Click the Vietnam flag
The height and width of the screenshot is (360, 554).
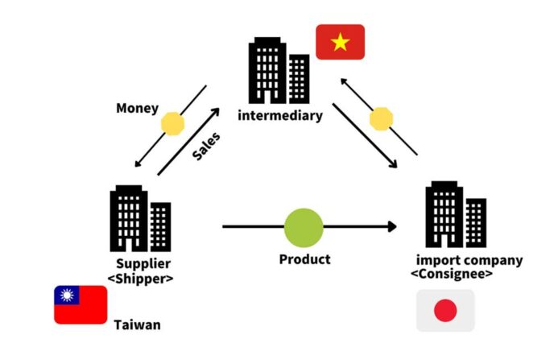(340, 42)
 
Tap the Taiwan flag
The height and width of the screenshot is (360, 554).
(81, 304)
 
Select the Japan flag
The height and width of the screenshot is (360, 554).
(445, 311)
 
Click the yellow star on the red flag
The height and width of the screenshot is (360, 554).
(340, 42)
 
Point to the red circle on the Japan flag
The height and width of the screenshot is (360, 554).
(445, 311)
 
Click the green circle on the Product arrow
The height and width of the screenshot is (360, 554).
(304, 227)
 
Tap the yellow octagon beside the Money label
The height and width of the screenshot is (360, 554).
(172, 123)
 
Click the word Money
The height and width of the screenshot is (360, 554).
(137, 108)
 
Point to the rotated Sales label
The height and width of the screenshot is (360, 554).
(206, 147)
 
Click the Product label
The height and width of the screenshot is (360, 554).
(304, 259)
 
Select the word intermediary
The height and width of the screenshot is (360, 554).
(280, 115)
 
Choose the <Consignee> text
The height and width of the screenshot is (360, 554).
(452, 275)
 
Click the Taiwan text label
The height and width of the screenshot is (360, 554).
(137, 325)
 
